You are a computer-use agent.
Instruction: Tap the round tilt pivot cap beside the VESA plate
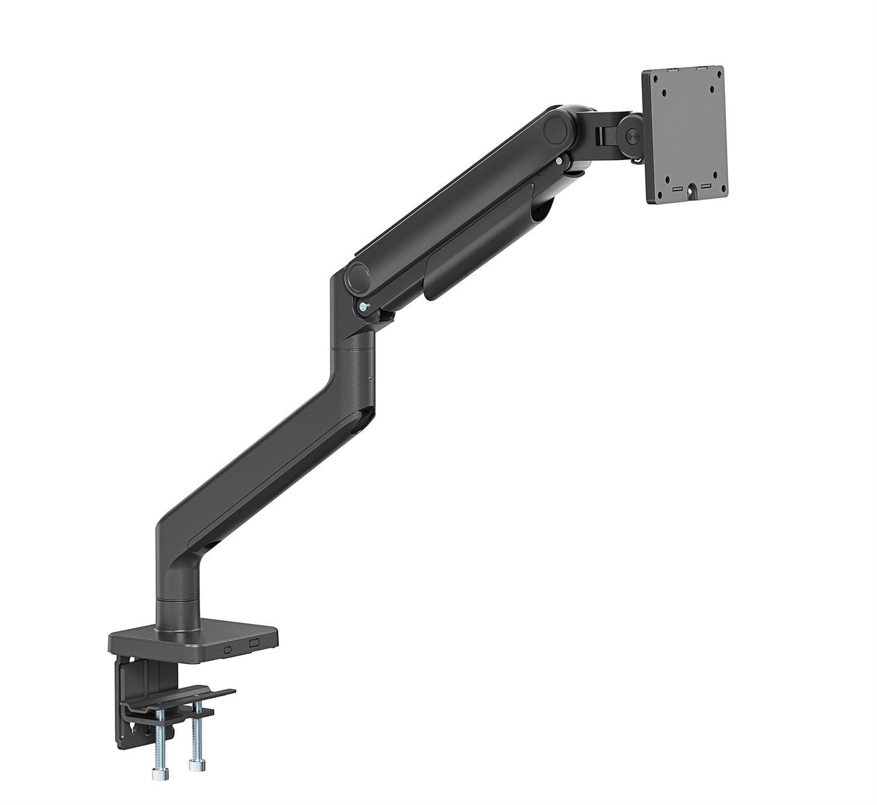[630, 133]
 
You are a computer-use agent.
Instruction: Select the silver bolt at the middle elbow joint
[364, 306]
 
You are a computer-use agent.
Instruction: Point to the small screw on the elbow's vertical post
[371, 379]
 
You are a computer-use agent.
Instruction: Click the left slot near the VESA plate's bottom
[678, 189]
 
